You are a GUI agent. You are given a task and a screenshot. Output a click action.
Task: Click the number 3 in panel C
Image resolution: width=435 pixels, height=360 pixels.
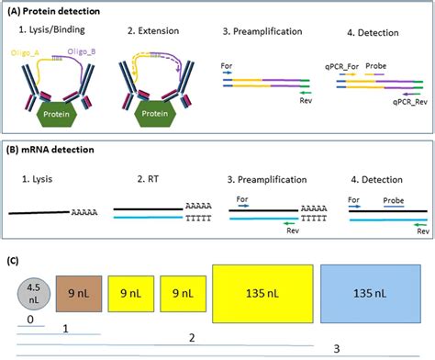point(336,348)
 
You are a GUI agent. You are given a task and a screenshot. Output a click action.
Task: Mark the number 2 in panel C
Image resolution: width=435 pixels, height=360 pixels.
point(191,338)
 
